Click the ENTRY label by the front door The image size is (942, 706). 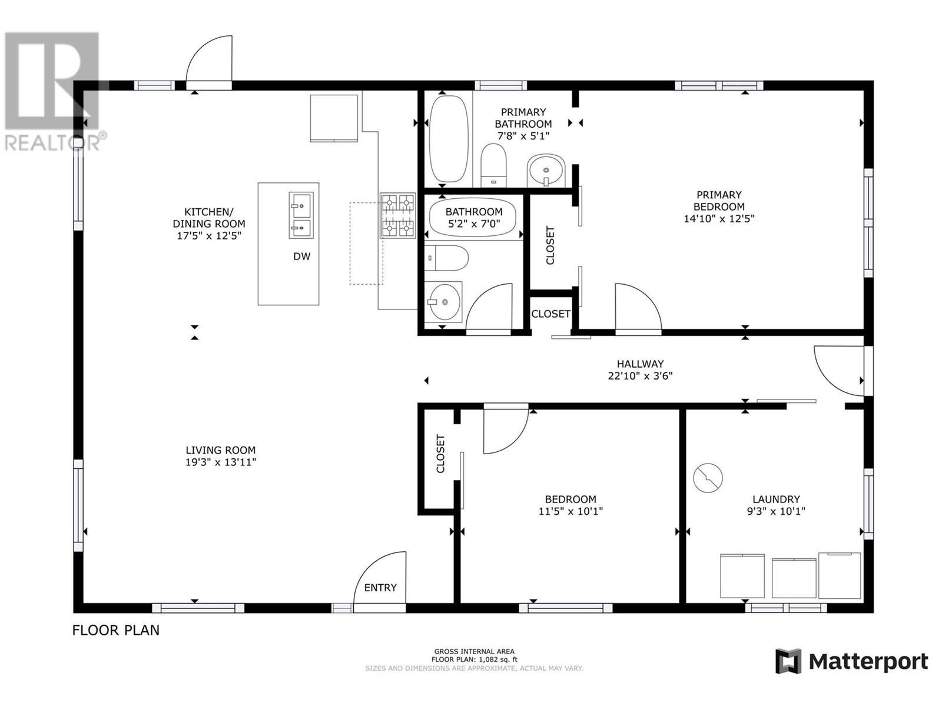coord(380,587)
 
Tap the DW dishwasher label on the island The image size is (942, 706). coord(301,257)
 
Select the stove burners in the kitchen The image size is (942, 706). coord(397,215)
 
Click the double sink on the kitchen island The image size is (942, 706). coord(301,215)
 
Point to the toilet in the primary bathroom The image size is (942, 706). coord(493,165)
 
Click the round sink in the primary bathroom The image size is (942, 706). coord(546,171)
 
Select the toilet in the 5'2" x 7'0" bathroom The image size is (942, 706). coord(446,258)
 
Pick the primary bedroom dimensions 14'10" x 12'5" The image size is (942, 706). coord(719,219)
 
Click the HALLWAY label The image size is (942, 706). coord(640,364)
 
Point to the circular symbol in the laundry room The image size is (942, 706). coord(708,478)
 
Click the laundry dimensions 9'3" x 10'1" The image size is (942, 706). coord(776,511)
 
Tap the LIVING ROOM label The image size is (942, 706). coord(221,450)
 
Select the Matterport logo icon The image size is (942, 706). coord(788,661)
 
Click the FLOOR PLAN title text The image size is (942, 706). coord(116,630)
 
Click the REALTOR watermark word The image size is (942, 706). coord(53,142)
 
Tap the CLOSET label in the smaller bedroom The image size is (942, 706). coord(440,454)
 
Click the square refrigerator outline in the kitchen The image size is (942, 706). coord(334,118)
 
